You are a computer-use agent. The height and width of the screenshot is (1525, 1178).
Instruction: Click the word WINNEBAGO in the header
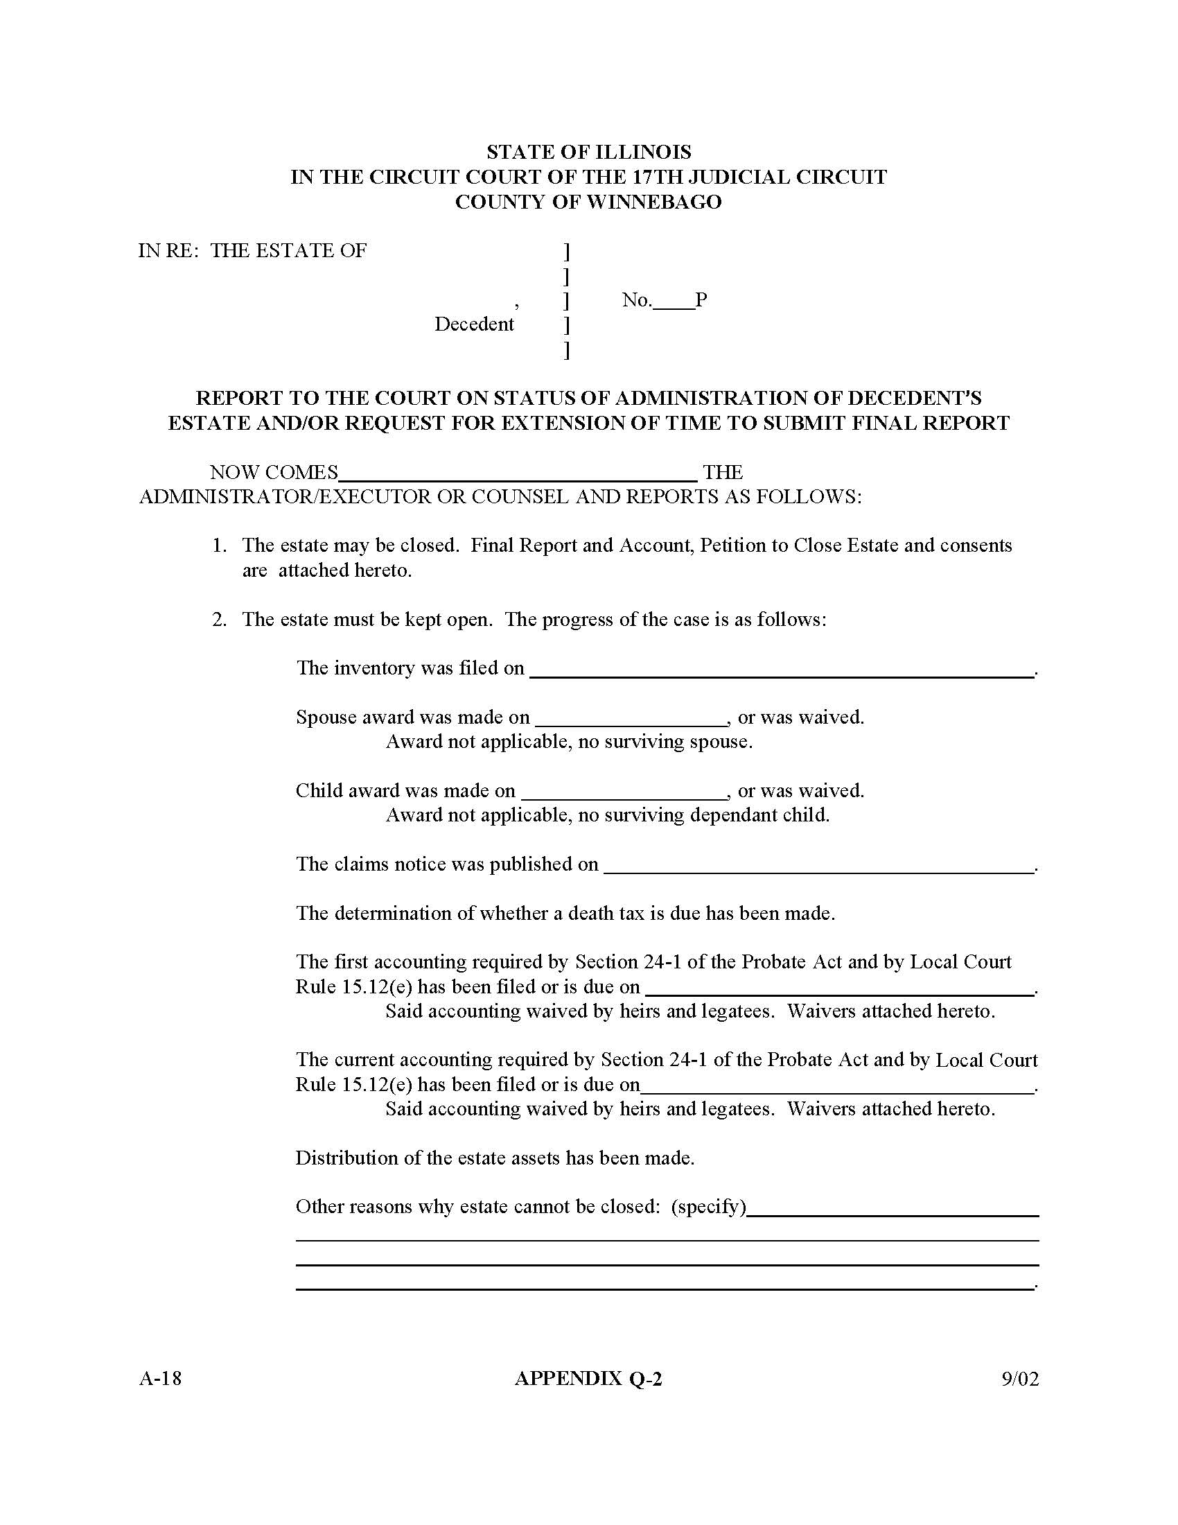pyautogui.click(x=654, y=202)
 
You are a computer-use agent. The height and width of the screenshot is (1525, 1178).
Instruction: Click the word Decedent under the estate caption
pyautogui.click(x=474, y=324)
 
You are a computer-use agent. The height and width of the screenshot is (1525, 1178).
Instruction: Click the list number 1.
pyautogui.click(x=219, y=546)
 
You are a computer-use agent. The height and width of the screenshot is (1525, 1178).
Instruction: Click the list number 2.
pyautogui.click(x=219, y=619)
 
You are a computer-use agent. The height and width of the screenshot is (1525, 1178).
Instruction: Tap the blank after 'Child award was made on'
pyautogui.click(x=624, y=792)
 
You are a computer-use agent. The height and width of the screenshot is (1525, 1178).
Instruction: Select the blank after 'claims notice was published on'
pyautogui.click(x=818, y=866)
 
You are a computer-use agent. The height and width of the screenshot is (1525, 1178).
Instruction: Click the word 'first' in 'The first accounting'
pyautogui.click(x=351, y=962)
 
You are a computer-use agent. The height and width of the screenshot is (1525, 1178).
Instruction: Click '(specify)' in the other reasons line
pyautogui.click(x=708, y=1207)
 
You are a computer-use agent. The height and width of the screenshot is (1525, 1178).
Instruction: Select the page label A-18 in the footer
pyautogui.click(x=161, y=1378)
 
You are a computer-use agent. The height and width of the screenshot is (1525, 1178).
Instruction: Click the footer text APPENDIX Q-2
pyautogui.click(x=588, y=1378)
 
